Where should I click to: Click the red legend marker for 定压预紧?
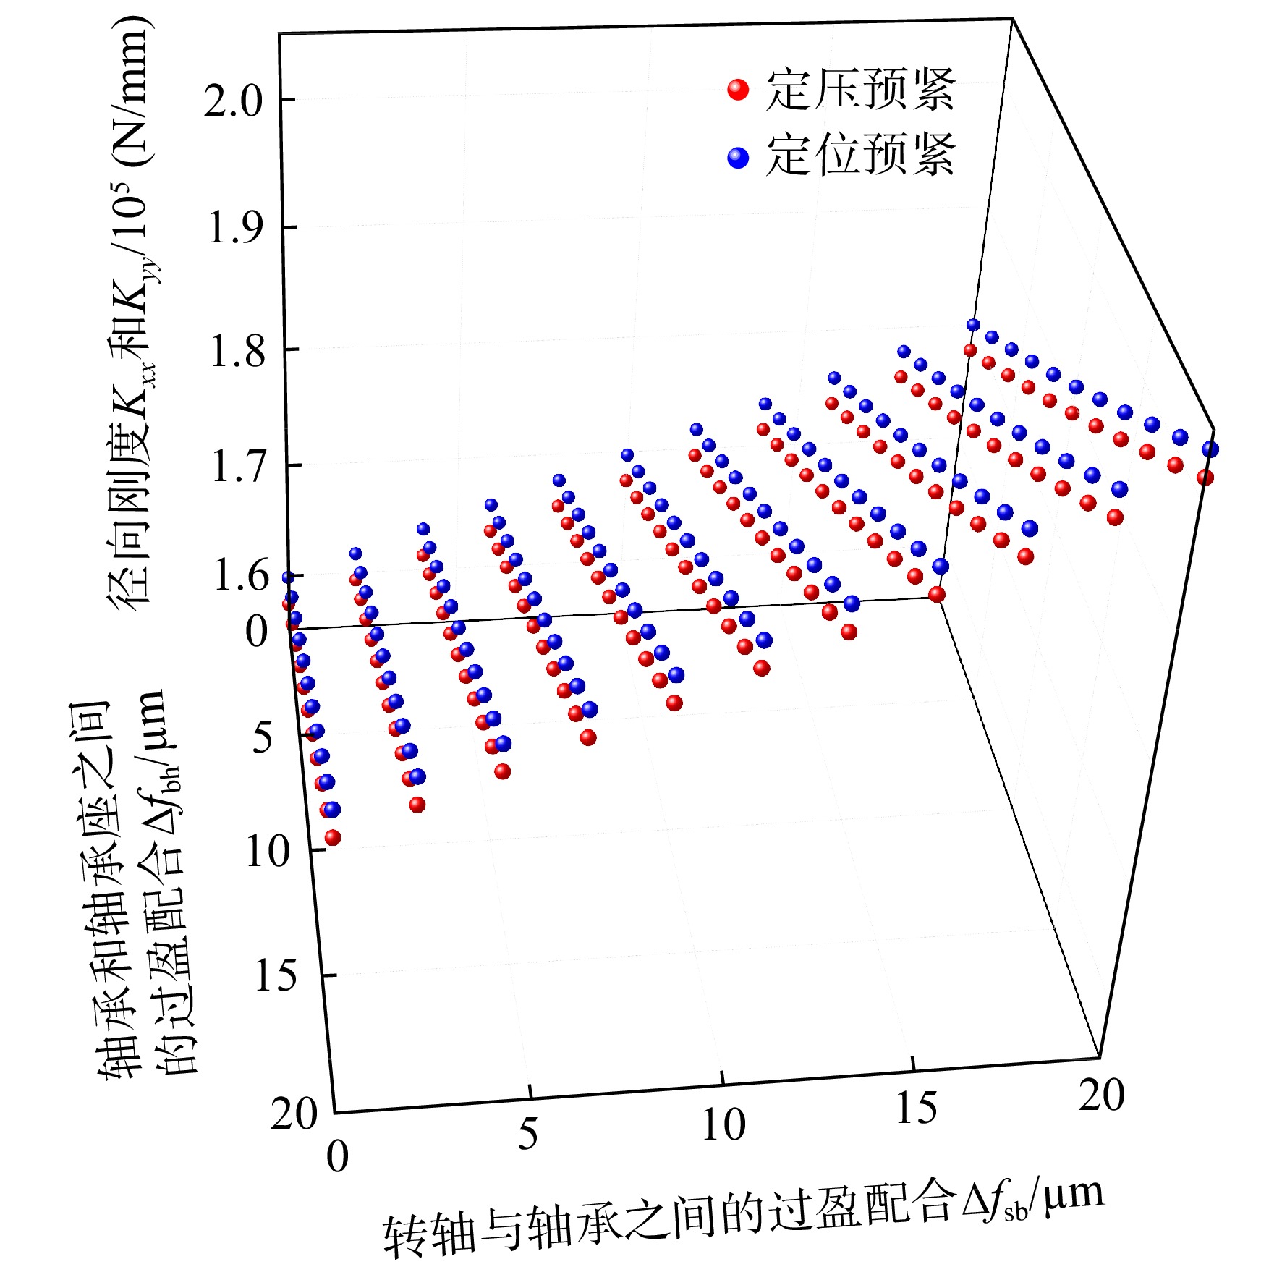click(737, 90)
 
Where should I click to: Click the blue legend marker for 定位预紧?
click(737, 158)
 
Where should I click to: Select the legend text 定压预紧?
click(861, 90)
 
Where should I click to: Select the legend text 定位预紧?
click(861, 155)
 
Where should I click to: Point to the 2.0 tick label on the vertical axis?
click(232, 101)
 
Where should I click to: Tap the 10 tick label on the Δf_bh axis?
click(268, 852)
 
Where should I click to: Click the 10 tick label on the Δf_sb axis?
click(723, 1125)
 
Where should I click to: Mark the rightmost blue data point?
click(1210, 449)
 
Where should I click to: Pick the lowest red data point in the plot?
click(333, 838)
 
